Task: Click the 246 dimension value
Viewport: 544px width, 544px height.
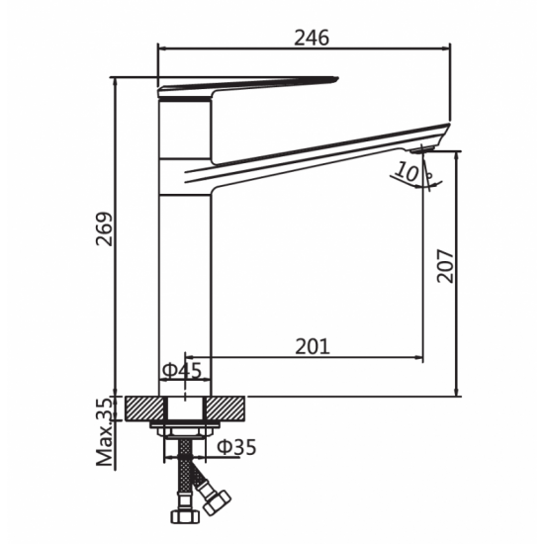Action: (x=312, y=38)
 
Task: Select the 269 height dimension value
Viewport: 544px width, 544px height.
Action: (x=105, y=229)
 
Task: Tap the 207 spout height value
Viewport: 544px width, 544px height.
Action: (x=445, y=266)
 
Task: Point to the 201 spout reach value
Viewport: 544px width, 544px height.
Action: (x=313, y=346)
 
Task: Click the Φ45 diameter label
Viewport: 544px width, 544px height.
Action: (x=182, y=370)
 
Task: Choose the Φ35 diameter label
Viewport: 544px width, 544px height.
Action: (x=236, y=447)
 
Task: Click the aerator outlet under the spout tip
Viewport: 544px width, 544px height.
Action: (x=421, y=149)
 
